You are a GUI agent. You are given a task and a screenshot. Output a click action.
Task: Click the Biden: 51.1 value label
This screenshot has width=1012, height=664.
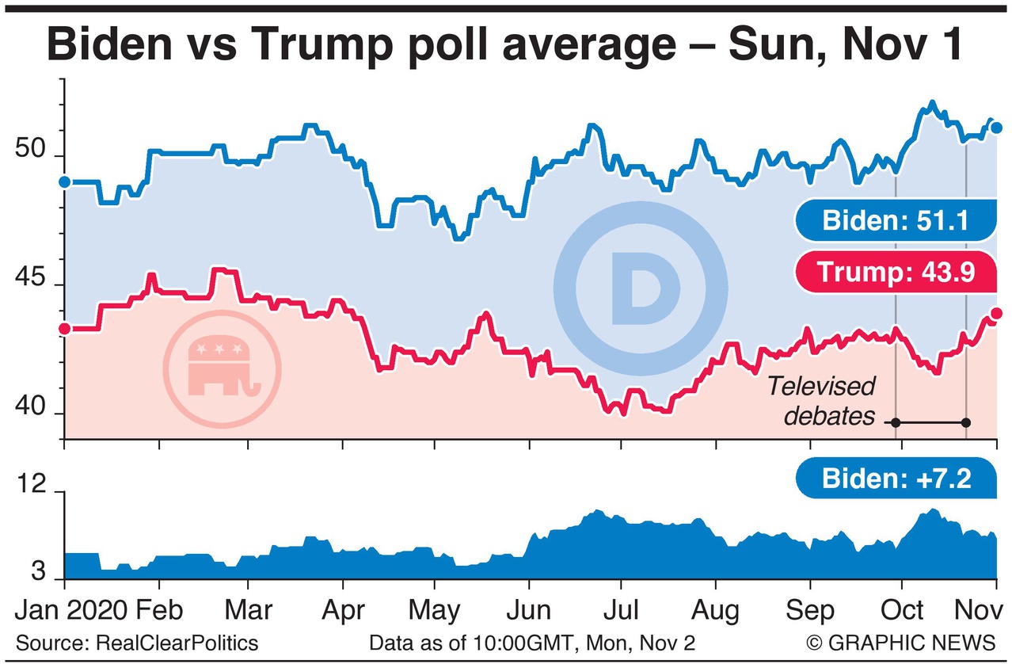tap(896, 220)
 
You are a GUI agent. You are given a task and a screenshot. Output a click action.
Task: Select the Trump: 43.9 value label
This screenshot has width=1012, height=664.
tap(895, 273)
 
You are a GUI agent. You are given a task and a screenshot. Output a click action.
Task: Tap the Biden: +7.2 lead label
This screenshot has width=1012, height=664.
tap(896, 479)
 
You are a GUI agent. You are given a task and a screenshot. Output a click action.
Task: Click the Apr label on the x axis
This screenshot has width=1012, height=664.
tap(343, 610)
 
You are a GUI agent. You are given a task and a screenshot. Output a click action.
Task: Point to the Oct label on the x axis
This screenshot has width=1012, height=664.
tap(904, 610)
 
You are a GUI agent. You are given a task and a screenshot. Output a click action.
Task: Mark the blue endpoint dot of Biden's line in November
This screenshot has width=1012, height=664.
tap(997, 128)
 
